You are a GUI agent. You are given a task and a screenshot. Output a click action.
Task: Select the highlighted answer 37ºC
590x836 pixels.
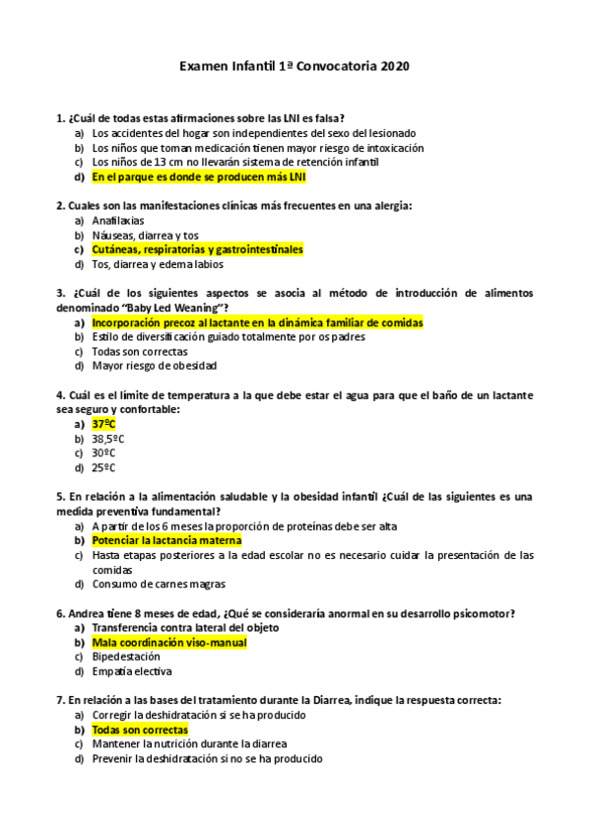point(103,424)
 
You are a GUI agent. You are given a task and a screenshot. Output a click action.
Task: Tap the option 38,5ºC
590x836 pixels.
point(108,439)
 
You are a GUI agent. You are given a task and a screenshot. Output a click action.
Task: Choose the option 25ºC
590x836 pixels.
point(103,468)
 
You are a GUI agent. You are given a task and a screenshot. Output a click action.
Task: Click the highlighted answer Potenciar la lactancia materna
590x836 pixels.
point(165,541)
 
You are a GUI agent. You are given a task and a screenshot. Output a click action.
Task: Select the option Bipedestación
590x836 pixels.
point(126,657)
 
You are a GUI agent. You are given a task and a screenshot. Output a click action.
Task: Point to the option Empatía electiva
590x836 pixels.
point(131,671)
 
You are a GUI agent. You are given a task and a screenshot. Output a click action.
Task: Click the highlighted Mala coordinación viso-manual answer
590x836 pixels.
point(168,642)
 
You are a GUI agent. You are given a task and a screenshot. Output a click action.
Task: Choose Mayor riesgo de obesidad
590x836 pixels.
point(153,366)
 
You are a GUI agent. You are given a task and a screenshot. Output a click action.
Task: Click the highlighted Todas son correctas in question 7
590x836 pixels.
point(139,730)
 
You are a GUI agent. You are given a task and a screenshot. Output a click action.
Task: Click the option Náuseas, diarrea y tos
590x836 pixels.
point(145,236)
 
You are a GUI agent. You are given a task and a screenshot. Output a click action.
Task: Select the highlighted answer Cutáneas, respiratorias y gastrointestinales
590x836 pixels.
point(197,249)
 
